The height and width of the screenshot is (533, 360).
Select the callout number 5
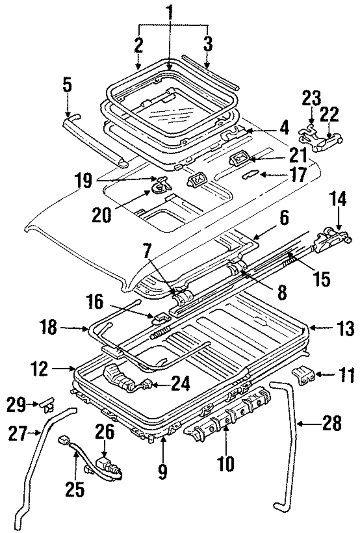click(x=67, y=85)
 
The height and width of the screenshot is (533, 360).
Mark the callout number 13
click(x=345, y=328)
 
